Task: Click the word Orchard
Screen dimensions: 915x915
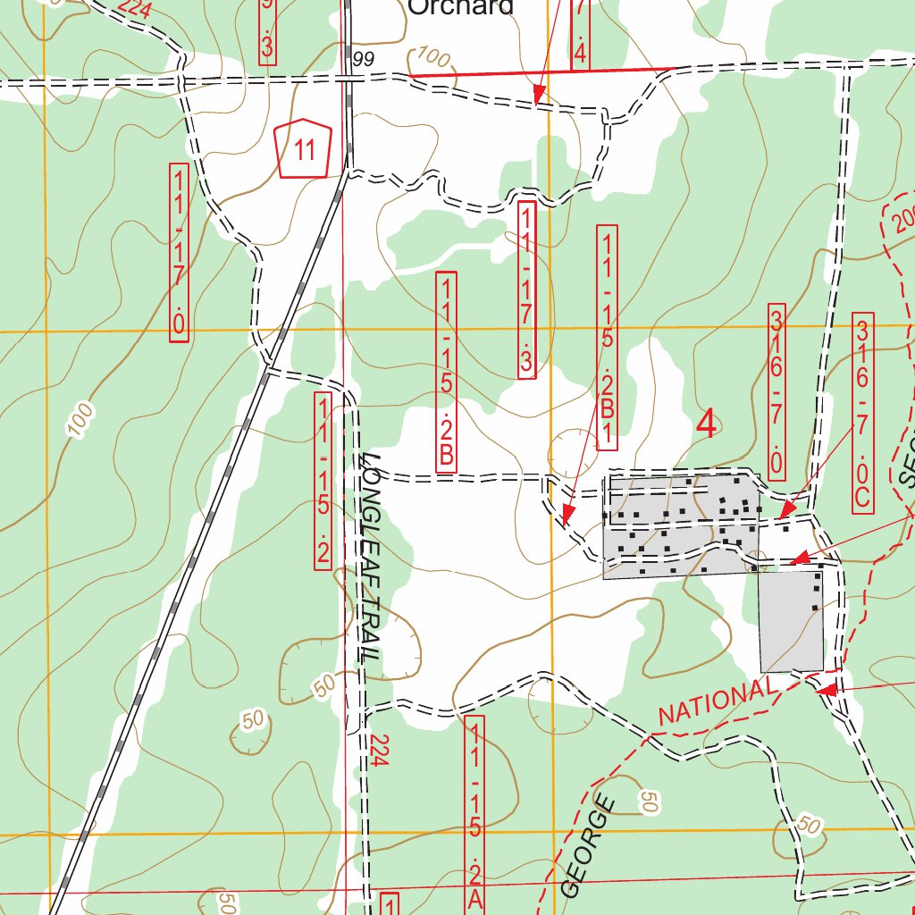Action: (x=461, y=7)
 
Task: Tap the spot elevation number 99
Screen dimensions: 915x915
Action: (x=362, y=60)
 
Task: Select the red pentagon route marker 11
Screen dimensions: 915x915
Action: (x=303, y=149)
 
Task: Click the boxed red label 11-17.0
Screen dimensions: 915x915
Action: (x=179, y=251)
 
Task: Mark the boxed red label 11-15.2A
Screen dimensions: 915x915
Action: (x=474, y=814)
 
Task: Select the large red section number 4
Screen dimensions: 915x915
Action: (x=706, y=424)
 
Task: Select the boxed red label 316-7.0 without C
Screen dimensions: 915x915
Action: (x=776, y=391)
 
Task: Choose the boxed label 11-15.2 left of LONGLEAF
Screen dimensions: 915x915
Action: (x=323, y=480)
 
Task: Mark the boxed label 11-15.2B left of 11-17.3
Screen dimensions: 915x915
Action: (x=446, y=372)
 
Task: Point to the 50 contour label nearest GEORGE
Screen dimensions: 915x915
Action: (x=649, y=802)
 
